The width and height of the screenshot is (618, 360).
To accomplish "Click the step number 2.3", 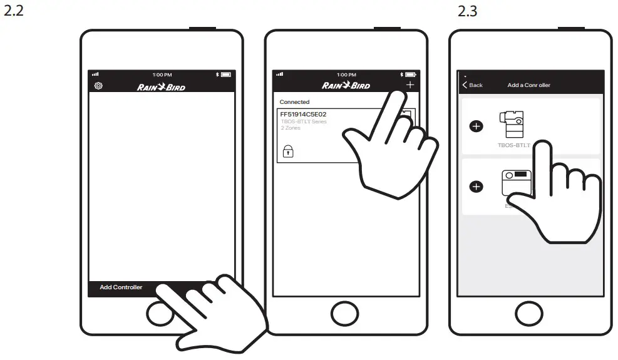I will tap(467, 12).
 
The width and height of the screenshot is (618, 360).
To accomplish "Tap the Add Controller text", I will tap(121, 287).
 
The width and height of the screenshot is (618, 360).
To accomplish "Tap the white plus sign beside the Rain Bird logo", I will tap(410, 85).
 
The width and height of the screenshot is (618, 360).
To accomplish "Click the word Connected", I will tap(294, 102).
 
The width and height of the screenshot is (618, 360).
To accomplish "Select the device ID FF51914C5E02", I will tap(303, 115).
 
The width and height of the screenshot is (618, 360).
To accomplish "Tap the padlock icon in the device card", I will tap(288, 150).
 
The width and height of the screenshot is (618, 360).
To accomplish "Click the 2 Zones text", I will tap(290, 128).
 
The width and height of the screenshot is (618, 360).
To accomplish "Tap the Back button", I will tap(473, 85).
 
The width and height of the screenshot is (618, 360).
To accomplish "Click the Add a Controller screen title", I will tap(528, 85).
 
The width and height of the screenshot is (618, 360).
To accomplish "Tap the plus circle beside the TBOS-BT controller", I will tap(476, 126).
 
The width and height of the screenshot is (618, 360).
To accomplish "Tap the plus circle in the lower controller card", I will tap(476, 186).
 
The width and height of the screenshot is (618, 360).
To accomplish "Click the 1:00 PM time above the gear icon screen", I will tap(162, 75).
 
